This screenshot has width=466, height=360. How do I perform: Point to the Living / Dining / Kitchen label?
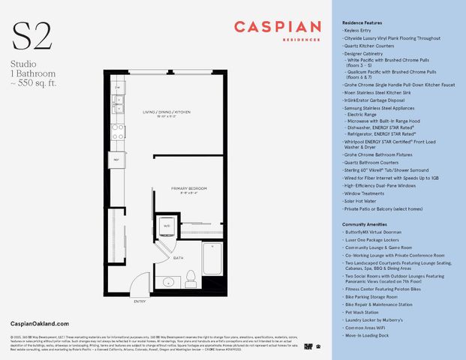click(x=161, y=113)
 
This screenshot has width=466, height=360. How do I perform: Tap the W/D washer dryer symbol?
click(x=166, y=225)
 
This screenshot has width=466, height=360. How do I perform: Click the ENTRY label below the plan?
click(x=140, y=301)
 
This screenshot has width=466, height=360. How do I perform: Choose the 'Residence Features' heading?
click(x=363, y=23)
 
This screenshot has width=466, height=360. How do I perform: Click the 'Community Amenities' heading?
click(x=366, y=224)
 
